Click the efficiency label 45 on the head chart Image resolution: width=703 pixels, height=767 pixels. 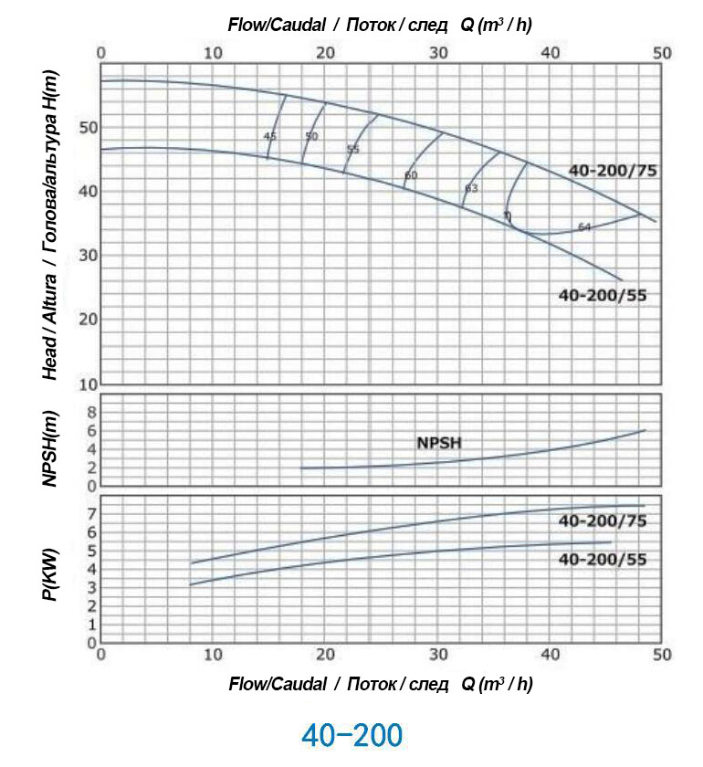pyautogui.click(x=269, y=136)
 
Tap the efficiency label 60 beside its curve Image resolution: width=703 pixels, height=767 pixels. pyautogui.click(x=411, y=174)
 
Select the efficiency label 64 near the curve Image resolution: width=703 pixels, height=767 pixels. pyautogui.click(x=584, y=226)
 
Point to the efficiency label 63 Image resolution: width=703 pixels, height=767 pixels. pyautogui.click(x=471, y=188)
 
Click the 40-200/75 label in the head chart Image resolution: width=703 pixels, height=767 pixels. pyautogui.click(x=613, y=170)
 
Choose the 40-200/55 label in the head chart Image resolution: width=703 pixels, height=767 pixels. pyautogui.click(x=602, y=295)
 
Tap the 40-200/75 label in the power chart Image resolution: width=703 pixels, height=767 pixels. pyautogui.click(x=602, y=521)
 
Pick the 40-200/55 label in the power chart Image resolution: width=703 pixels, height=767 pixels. pyautogui.click(x=602, y=559)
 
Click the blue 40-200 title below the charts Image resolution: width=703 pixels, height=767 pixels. pyautogui.click(x=351, y=734)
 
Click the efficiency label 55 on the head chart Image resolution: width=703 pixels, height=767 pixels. pyautogui.click(x=353, y=149)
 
